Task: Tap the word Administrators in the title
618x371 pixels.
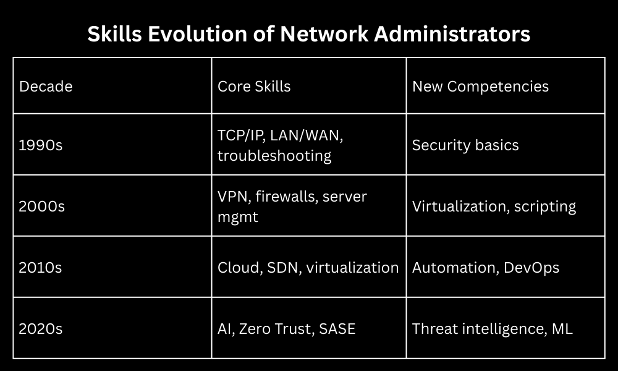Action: (452, 34)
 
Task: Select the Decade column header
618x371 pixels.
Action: (46, 87)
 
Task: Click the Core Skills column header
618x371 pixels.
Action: (254, 87)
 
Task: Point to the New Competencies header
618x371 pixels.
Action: (480, 87)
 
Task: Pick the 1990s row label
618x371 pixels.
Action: (41, 145)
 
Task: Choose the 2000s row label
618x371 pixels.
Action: (42, 206)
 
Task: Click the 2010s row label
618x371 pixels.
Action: (40, 267)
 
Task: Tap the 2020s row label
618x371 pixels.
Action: (41, 329)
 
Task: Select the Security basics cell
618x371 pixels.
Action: (465, 145)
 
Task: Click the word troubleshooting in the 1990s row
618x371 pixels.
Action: (274, 156)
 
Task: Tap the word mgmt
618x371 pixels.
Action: (238, 217)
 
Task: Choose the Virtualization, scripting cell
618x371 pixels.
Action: (494, 207)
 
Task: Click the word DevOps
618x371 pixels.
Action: (531, 268)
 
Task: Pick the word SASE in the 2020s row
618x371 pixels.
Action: (337, 329)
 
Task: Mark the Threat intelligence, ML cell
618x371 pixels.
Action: (493, 329)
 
